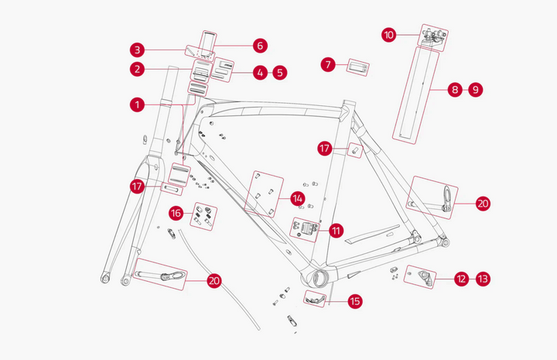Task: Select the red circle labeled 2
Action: click(137, 70)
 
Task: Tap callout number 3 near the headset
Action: click(137, 50)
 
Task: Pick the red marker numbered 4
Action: click(259, 73)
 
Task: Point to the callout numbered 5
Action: click(279, 73)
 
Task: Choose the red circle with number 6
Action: click(259, 46)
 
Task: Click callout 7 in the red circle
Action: click(330, 64)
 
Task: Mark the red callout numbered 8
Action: click(455, 90)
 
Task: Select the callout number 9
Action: click(475, 90)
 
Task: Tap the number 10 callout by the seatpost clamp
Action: click(389, 34)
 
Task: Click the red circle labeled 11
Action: click(336, 230)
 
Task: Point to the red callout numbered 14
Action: click(297, 199)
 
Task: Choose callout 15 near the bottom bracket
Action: click(355, 301)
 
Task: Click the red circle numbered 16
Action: click(176, 212)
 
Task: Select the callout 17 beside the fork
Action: click(138, 186)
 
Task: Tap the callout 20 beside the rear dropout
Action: click(483, 204)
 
